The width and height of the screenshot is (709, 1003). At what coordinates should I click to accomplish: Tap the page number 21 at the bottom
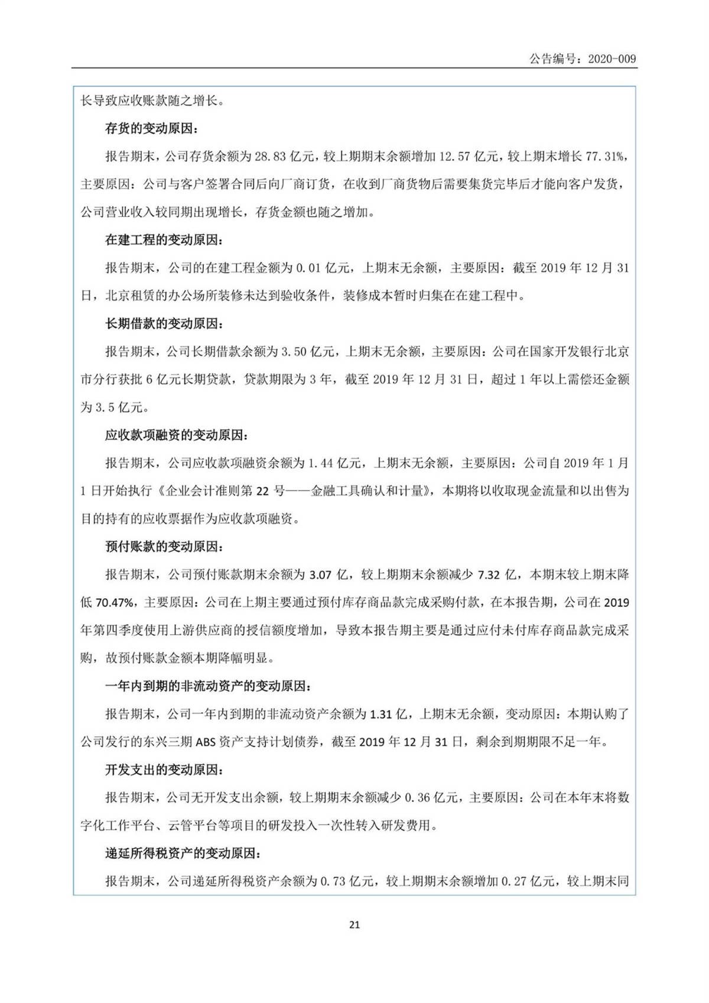(x=354, y=925)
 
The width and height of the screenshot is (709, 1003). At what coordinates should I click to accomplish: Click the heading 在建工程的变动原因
(x=164, y=240)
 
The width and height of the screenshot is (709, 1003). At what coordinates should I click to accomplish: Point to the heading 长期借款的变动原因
(x=164, y=324)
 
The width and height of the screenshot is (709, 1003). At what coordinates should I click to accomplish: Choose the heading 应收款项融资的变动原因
(x=177, y=436)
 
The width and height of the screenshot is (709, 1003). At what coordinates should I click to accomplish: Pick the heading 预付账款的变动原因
(x=164, y=547)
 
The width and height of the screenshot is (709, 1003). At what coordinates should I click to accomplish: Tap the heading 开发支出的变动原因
(x=164, y=770)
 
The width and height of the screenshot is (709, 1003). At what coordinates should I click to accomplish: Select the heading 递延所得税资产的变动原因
(x=183, y=853)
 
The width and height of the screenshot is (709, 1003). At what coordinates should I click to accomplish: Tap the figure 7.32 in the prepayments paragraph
(x=489, y=574)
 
